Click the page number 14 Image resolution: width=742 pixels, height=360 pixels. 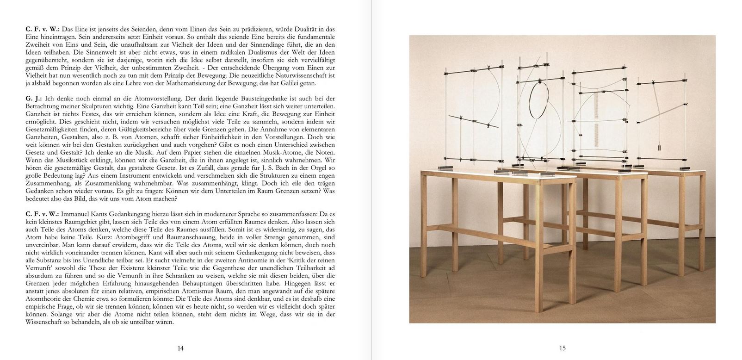pos(180,348)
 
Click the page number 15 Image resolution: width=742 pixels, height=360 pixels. pos(562,348)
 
